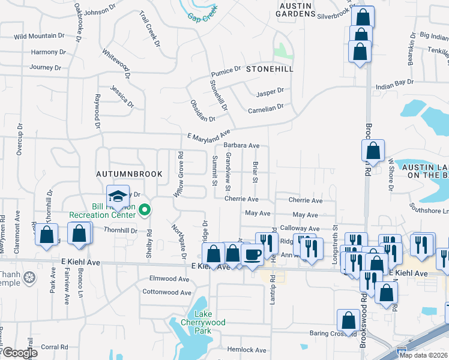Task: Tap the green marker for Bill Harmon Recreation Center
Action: (144, 210)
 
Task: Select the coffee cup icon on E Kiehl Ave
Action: (252, 254)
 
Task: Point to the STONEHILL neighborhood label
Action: (270, 69)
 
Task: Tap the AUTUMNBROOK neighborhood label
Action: (130, 174)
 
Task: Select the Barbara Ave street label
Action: (241, 145)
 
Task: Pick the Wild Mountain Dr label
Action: (39, 36)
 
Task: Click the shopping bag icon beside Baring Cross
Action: (348, 321)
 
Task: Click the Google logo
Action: (21, 353)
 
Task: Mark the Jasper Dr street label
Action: (270, 94)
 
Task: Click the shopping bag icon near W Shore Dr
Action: (373, 152)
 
